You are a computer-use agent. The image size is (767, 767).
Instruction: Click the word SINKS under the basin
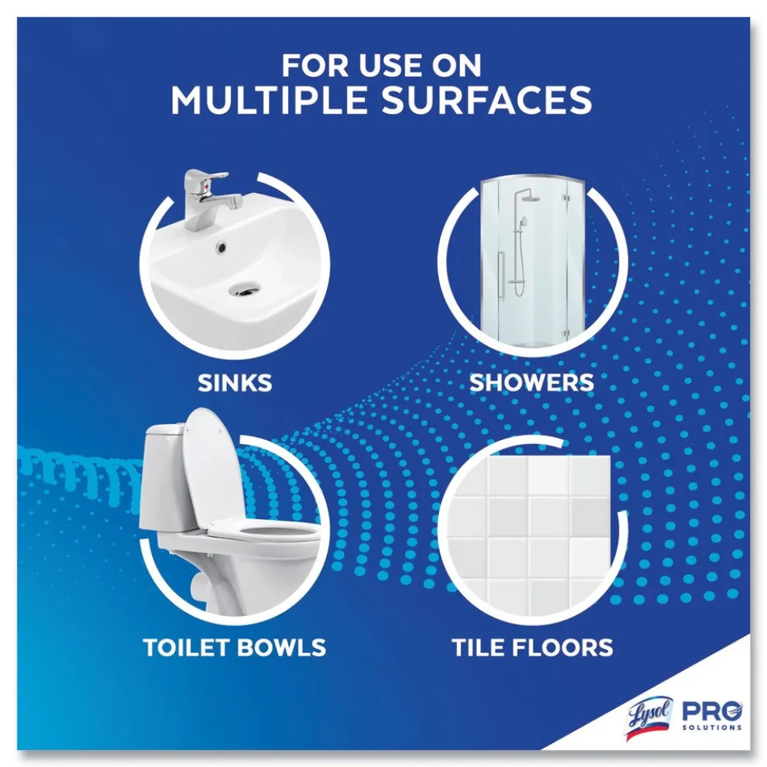[235, 383]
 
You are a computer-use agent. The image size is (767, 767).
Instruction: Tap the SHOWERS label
[531, 383]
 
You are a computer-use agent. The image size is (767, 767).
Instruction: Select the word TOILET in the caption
[187, 647]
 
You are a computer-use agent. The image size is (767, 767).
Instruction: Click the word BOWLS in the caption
[282, 647]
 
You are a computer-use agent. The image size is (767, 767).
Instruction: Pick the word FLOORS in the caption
[562, 647]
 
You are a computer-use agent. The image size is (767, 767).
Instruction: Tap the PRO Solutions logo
[712, 716]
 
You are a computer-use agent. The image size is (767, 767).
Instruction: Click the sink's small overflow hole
[222, 247]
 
